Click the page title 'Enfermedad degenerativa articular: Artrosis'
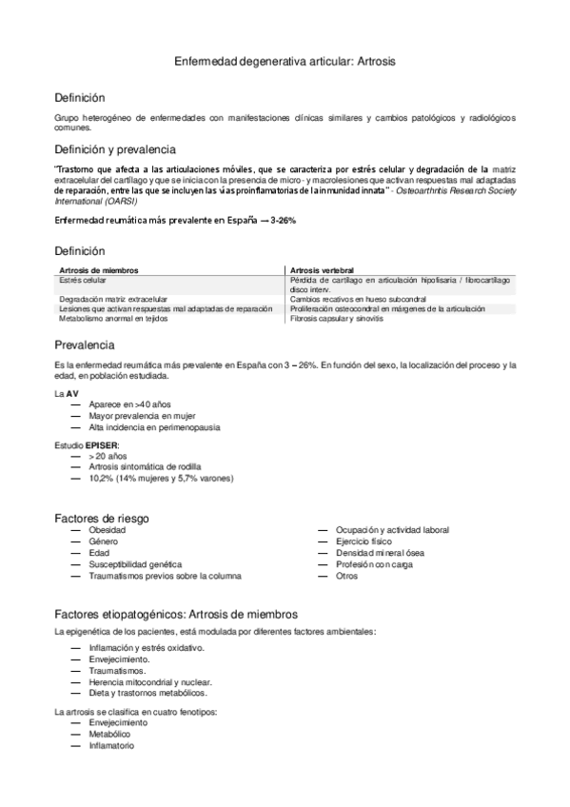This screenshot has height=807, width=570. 285,61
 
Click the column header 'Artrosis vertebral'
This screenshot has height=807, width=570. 323,270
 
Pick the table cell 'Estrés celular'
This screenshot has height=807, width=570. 82,281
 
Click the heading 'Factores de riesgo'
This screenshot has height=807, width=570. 103,517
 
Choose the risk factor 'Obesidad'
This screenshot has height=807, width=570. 107,529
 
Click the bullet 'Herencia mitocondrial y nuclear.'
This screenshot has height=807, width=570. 149,681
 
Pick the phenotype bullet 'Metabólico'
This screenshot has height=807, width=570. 109,735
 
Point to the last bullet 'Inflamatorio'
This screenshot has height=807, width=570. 111,746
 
